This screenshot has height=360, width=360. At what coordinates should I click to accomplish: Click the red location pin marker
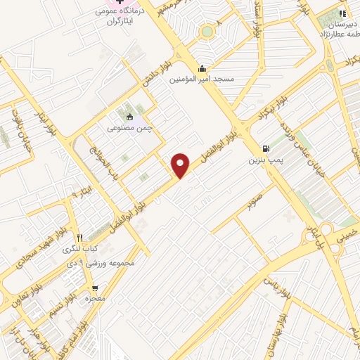(181, 165)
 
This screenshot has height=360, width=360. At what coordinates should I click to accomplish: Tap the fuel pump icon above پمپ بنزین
(265, 148)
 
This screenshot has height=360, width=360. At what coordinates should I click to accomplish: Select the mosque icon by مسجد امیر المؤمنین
(202, 68)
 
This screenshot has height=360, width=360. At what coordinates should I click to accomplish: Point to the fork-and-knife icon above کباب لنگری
(81, 238)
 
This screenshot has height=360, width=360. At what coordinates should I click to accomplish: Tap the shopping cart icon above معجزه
(95, 288)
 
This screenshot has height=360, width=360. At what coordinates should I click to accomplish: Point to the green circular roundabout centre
(207, 31)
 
